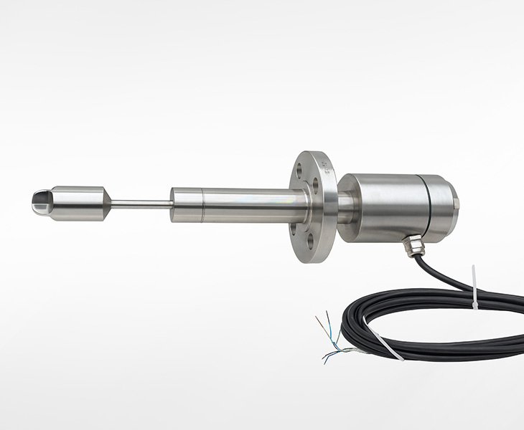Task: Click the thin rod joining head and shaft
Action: pyautogui.click(x=141, y=204)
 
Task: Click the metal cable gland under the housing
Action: pyautogui.click(x=410, y=245)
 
